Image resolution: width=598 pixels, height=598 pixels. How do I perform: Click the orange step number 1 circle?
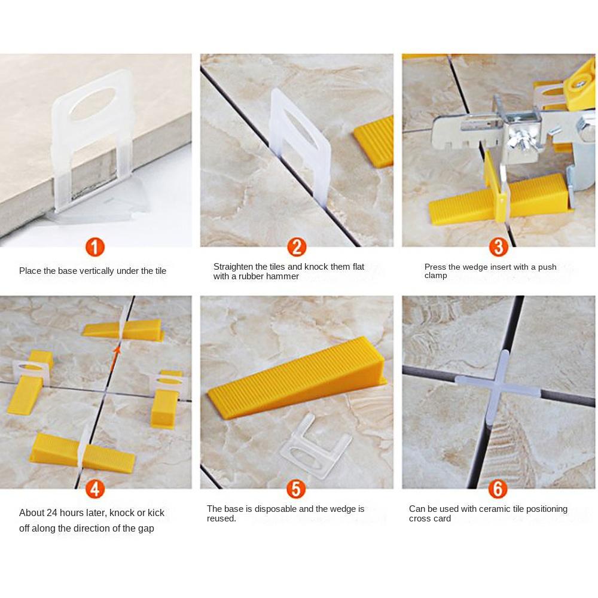click(x=95, y=247)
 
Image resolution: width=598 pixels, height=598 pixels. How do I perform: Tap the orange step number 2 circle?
click(x=297, y=247)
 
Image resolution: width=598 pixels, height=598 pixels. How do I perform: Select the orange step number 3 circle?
click(x=499, y=247)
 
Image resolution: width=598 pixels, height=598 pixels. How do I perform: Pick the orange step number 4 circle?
click(x=95, y=489)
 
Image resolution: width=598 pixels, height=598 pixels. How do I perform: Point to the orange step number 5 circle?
click(x=297, y=489)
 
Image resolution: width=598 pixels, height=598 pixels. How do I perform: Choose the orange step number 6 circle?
click(x=498, y=489)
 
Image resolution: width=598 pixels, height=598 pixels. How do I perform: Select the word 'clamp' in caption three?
click(x=435, y=276)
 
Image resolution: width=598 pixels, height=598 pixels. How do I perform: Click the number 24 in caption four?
click(x=52, y=513)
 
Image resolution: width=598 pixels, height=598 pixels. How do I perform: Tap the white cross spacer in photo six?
click(x=498, y=387)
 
